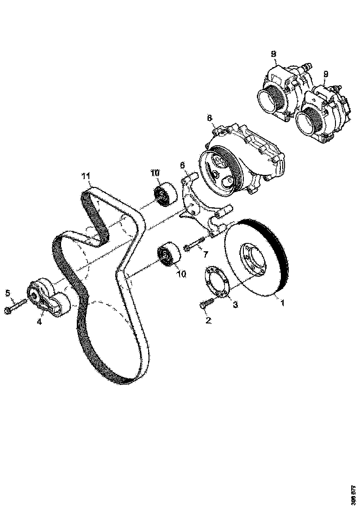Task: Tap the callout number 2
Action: pyautogui.click(x=208, y=320)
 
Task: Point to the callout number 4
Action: pyautogui.click(x=39, y=321)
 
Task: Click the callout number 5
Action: pyautogui.click(x=7, y=292)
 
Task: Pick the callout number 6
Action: pyautogui.click(x=182, y=165)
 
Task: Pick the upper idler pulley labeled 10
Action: pyautogui.click(x=164, y=194)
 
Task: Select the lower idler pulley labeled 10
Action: pyautogui.click(x=168, y=254)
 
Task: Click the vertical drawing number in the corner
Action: pyautogui.click(x=353, y=495)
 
